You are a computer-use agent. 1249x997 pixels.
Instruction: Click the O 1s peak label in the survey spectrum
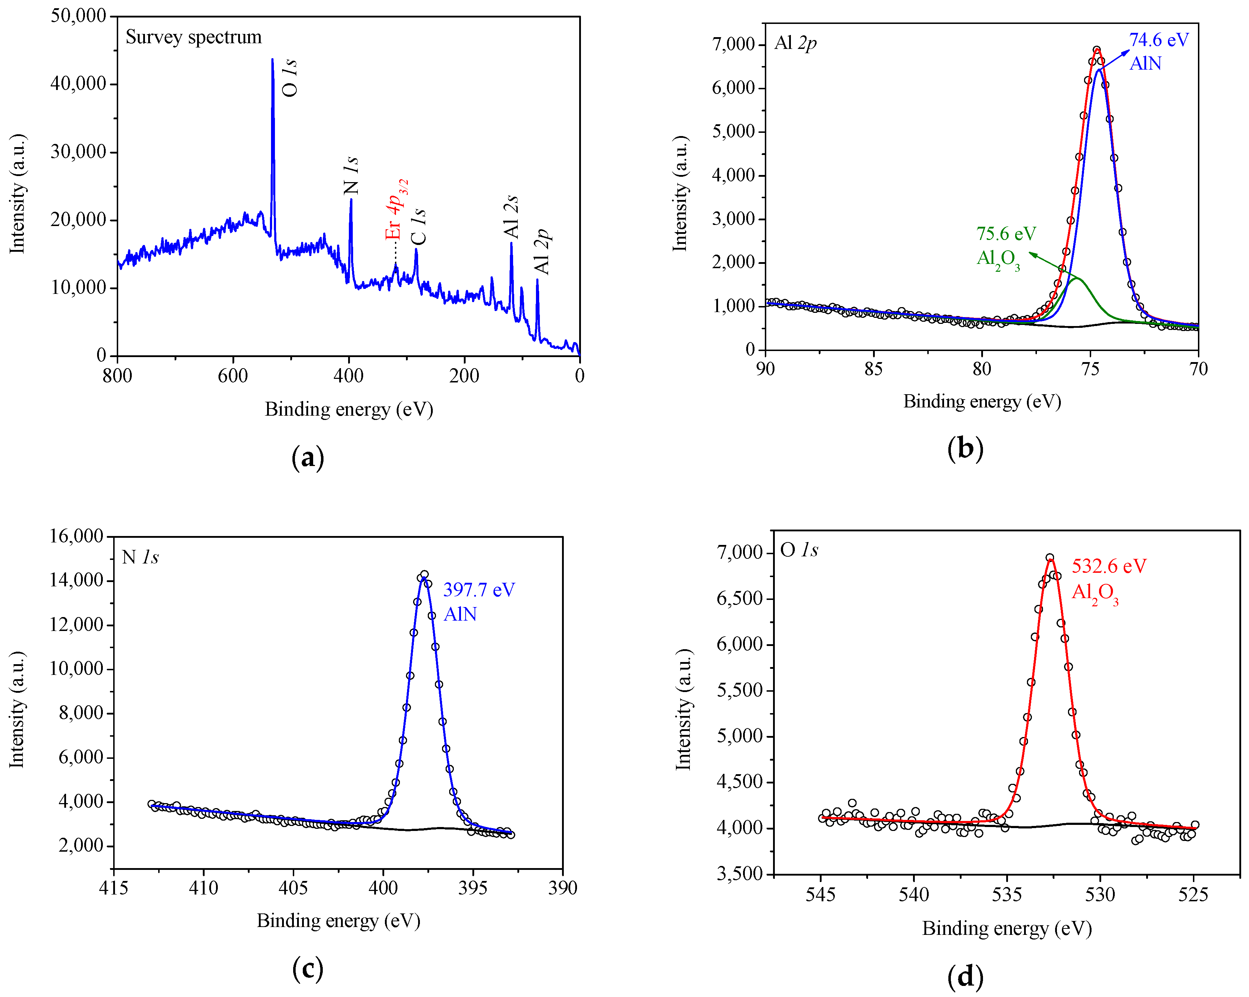289,77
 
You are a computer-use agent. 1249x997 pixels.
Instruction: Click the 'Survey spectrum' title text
194,37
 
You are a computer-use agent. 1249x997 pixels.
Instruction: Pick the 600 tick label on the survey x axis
233,376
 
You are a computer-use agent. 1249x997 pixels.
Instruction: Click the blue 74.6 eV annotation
1159,40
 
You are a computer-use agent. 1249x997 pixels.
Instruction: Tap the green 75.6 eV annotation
1006,234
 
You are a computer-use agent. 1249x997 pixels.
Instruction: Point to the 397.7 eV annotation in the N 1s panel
478,590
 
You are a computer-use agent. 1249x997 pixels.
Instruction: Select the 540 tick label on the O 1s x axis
914,895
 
